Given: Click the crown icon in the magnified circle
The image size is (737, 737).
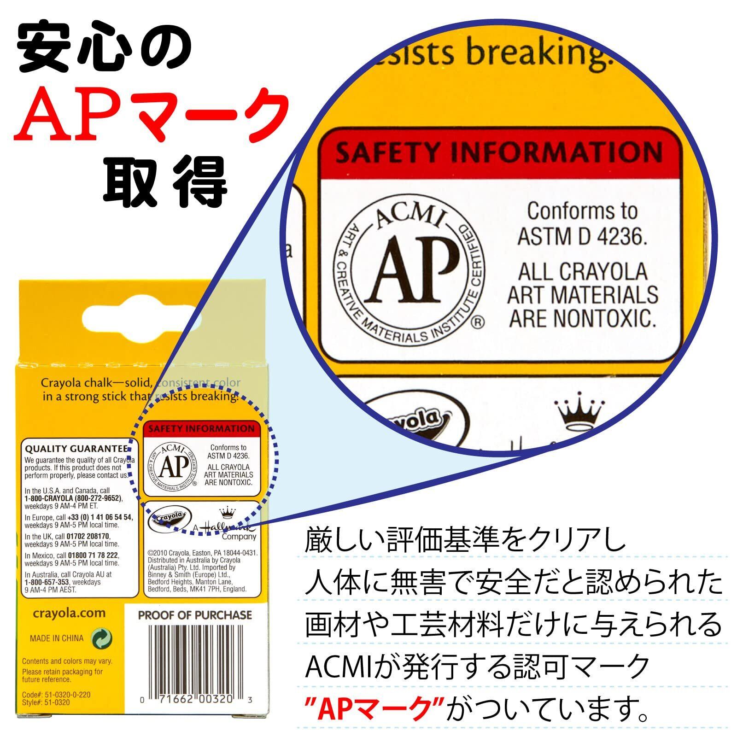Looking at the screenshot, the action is point(579,411).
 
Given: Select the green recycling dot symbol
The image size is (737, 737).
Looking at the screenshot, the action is point(102,638).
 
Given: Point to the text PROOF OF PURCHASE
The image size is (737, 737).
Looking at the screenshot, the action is point(195,615).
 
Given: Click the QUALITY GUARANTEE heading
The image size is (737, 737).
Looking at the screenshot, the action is point(76,449).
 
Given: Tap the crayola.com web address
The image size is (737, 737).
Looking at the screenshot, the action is point(69,613).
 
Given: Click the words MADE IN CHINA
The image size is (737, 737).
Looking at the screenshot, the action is point(57,638).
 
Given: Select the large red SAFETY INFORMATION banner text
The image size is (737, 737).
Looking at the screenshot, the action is point(499,152).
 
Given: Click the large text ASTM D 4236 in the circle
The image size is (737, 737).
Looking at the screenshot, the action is point(582,236).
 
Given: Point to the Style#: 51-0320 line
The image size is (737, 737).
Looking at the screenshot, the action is point(46,702).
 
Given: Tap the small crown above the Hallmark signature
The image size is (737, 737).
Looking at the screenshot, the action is point(226,512).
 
